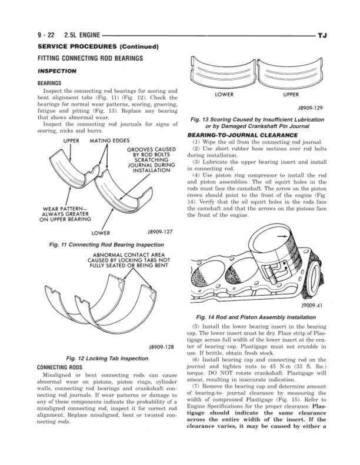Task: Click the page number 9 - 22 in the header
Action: pos(46,36)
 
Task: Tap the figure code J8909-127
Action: pos(159,232)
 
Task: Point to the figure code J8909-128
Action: pos(159,346)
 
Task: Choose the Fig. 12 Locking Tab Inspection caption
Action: pos(104,358)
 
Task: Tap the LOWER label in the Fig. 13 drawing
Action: pos(225,94)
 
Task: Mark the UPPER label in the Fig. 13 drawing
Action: pos(292,94)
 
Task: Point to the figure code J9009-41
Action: pos(312,306)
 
